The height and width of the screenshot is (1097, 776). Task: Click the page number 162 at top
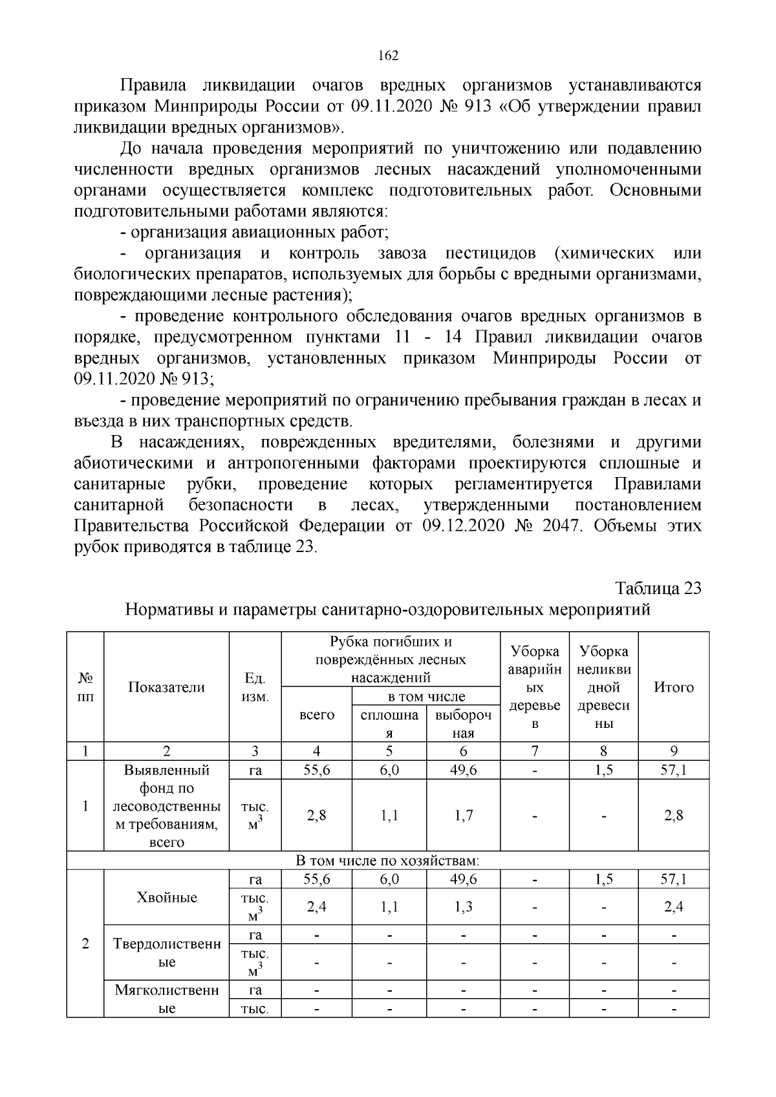click(388, 56)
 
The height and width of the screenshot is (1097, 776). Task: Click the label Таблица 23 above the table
click(658, 588)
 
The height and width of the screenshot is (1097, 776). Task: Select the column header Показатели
click(166, 687)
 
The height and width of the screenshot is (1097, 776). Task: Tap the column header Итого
click(674, 687)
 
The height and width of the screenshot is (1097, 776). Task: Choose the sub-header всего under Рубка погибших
click(316, 714)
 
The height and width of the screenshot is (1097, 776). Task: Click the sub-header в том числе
click(426, 696)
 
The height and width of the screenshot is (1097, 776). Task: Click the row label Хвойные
click(166, 897)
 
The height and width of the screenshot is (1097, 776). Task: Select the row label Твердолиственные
click(166, 953)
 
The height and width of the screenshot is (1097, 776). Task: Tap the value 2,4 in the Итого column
click(674, 907)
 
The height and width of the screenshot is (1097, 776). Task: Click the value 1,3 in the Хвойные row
click(463, 907)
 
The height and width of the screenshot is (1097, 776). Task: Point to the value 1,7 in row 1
click(463, 815)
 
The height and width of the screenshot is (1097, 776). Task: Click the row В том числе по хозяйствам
click(387, 860)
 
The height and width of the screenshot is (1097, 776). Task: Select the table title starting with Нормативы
click(387, 610)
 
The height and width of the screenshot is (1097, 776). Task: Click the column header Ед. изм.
click(255, 687)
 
